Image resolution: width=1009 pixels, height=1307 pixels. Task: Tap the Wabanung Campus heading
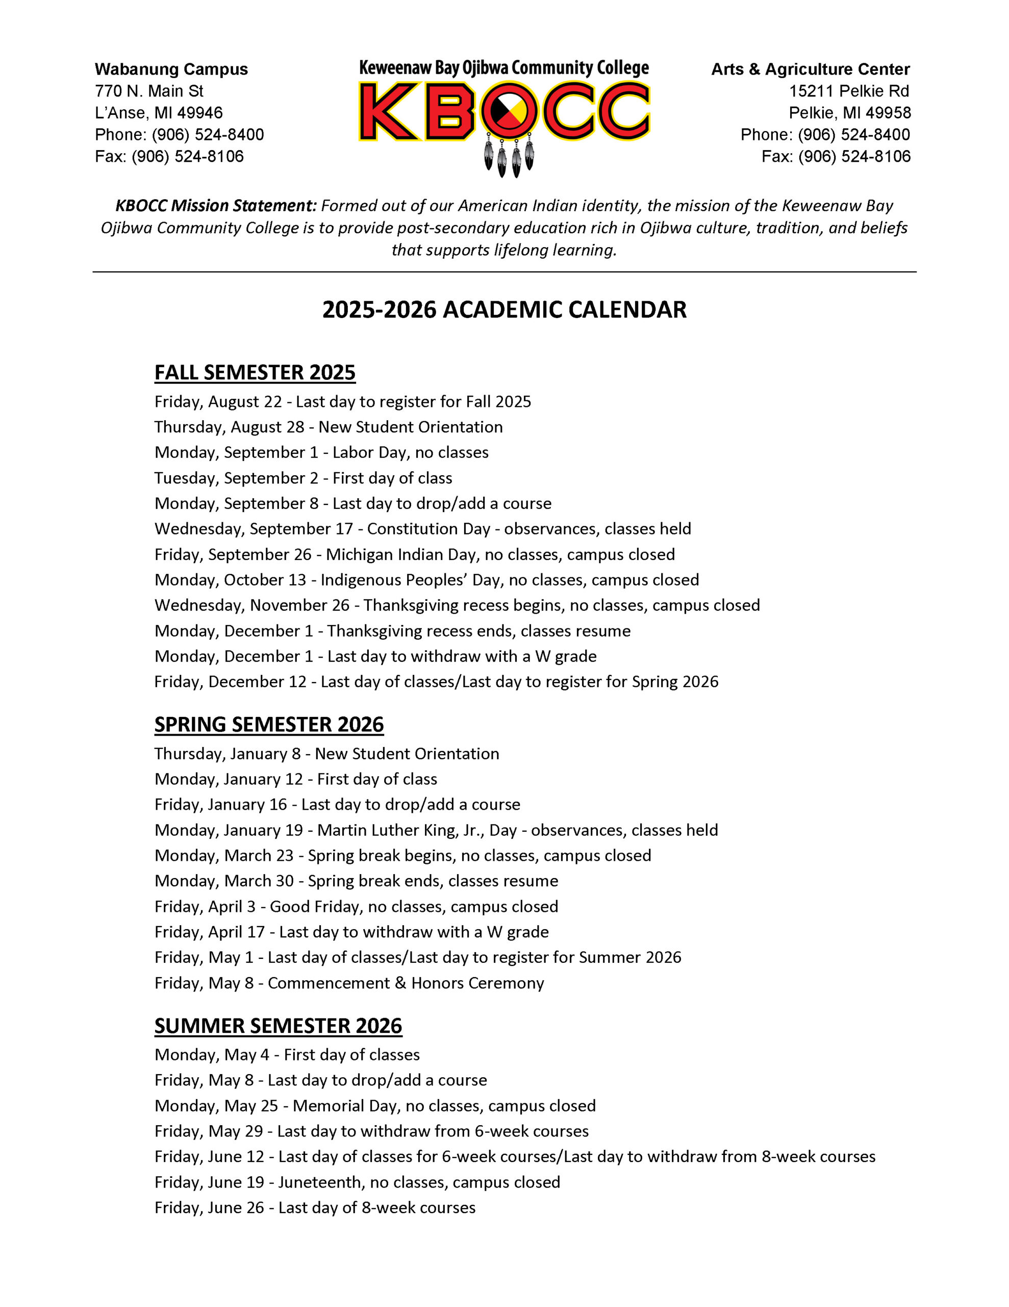[x=171, y=69]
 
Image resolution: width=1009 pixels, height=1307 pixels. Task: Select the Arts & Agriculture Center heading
[x=810, y=69]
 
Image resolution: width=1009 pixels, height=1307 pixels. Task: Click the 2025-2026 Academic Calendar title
[x=504, y=310]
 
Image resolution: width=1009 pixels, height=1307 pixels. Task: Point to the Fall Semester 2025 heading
[x=255, y=373]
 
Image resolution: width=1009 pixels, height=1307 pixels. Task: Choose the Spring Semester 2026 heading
[x=268, y=724]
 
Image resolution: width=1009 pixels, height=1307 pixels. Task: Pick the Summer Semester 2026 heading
[x=278, y=1026]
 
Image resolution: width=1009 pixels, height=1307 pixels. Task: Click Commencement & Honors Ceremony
[x=406, y=983]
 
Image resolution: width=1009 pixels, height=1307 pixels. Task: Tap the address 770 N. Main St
[x=149, y=91]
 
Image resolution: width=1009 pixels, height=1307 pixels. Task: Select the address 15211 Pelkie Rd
[x=848, y=91]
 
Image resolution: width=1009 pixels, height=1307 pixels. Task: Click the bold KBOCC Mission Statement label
[x=215, y=206]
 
